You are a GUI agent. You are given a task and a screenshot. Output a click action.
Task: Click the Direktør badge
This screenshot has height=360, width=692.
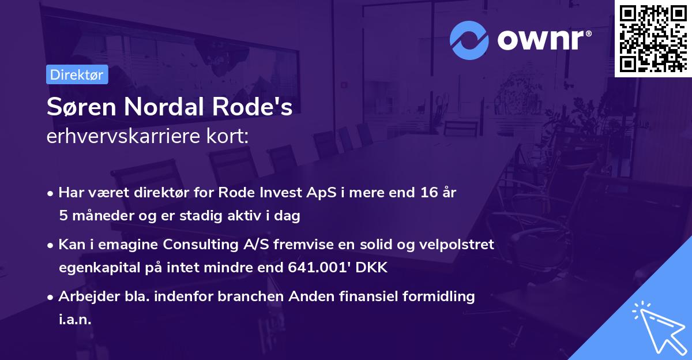[77, 74]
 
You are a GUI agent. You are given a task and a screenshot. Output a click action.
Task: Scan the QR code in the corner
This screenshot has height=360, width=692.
[653, 38]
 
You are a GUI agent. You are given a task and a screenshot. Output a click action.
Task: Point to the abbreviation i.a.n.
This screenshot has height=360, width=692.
[75, 320]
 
